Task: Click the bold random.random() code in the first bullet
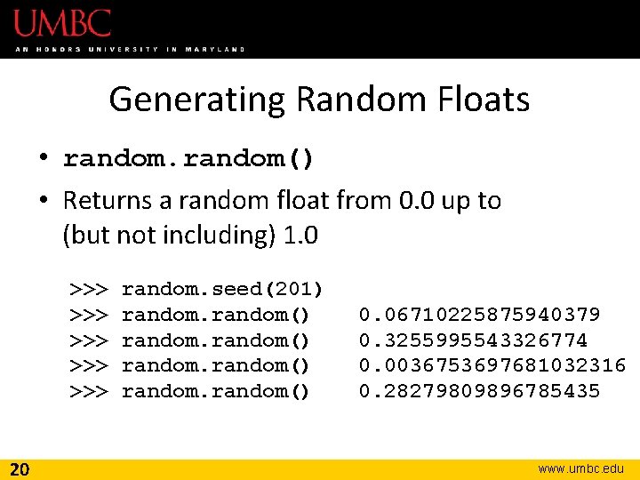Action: coord(188,159)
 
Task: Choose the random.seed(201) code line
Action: coord(222,289)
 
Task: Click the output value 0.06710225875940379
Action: coord(480,315)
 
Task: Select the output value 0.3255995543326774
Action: coord(473,340)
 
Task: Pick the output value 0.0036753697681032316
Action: coord(492,365)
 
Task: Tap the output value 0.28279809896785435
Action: coord(480,391)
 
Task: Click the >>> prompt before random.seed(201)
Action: coord(89,289)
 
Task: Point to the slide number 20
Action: coord(20,468)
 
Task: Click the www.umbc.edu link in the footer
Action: coord(581,468)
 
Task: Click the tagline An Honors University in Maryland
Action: coord(130,49)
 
